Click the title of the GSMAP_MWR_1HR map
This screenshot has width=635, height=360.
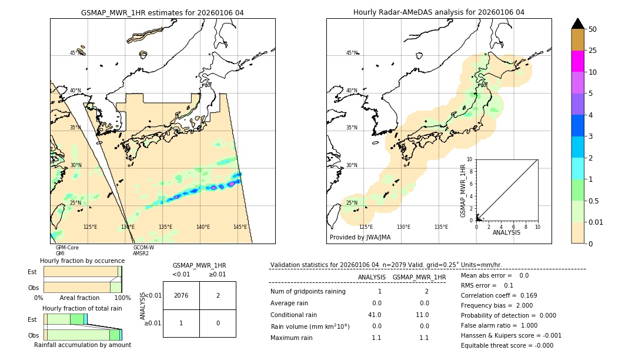[162, 12]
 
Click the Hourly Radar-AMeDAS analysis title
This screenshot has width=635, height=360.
[439, 12]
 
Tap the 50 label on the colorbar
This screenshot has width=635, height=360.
[593, 29]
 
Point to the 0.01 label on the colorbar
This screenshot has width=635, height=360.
[596, 222]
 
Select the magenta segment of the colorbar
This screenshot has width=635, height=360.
[577, 61]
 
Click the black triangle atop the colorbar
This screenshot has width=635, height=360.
[577, 24]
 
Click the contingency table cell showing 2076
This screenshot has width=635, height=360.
[181, 295]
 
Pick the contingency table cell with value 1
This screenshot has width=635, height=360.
[181, 323]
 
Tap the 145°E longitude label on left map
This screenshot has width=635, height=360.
[240, 227]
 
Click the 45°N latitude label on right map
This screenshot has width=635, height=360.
[352, 53]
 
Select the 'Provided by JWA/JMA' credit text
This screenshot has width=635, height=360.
[360, 238]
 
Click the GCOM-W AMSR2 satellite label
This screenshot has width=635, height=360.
[143, 251]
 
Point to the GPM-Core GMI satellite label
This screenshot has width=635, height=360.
[66, 251]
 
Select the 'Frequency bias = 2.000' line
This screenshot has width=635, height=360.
[497, 305]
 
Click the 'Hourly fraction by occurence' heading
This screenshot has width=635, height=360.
[82, 261]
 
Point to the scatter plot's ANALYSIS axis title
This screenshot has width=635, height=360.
[506, 232]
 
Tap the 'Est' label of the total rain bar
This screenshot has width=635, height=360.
[32, 319]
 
